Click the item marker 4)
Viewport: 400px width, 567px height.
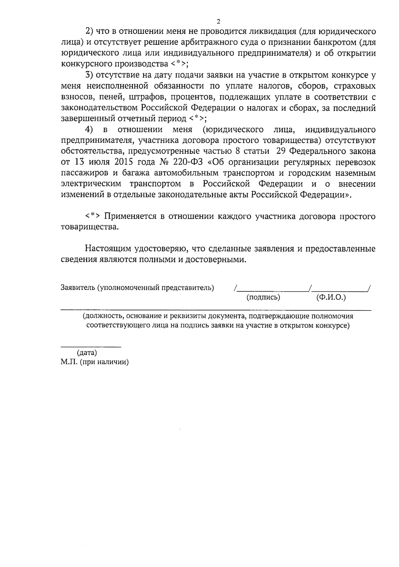point(89,130)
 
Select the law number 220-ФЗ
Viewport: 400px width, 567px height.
point(187,162)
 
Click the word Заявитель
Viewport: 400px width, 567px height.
point(77,288)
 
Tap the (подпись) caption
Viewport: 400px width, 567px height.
point(263,297)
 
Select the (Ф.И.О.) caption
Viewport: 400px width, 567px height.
point(331,297)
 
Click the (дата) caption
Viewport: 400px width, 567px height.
point(87,352)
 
